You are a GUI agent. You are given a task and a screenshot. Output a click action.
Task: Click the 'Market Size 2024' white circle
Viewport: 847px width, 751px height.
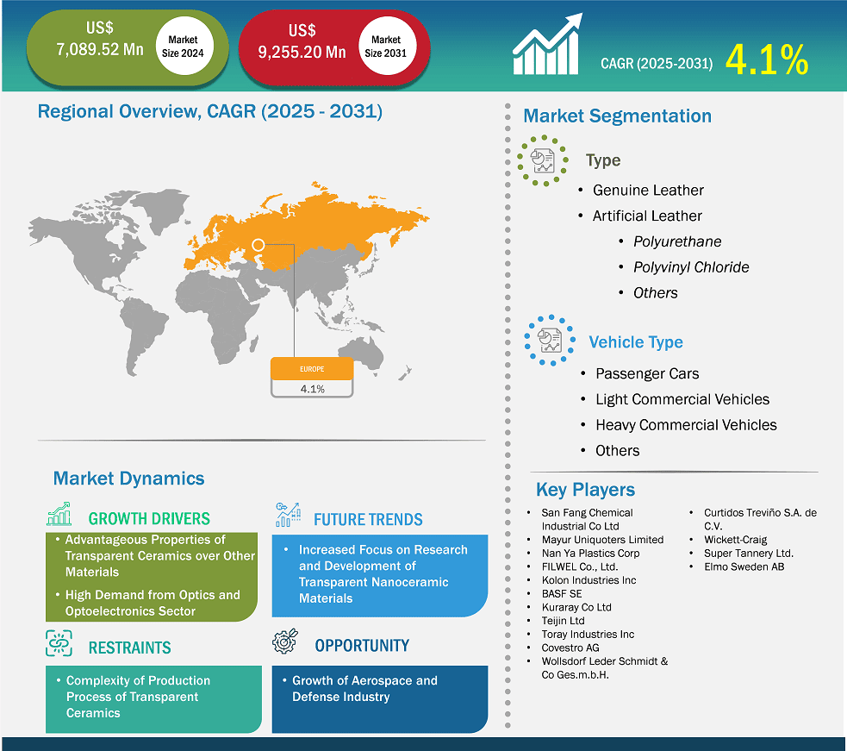pyautogui.click(x=183, y=46)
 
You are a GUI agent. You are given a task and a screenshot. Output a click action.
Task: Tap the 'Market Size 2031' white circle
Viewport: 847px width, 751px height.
pyautogui.click(x=386, y=46)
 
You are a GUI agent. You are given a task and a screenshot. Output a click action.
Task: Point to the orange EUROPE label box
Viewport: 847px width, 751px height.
pyautogui.click(x=312, y=369)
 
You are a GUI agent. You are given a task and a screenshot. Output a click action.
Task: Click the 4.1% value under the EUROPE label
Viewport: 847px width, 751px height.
pyautogui.click(x=312, y=389)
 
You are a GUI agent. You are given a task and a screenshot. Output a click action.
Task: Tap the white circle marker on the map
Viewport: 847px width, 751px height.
pyautogui.click(x=258, y=246)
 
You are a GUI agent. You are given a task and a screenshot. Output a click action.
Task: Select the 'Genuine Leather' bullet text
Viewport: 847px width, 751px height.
pyautogui.click(x=648, y=190)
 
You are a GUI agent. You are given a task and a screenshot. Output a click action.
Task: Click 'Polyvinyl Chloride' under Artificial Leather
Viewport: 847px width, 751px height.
pyautogui.click(x=691, y=267)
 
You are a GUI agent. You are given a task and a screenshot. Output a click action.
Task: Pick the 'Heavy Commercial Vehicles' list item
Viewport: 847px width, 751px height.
pyautogui.click(x=686, y=425)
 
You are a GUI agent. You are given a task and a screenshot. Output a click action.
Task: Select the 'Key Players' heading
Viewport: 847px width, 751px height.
pyautogui.click(x=585, y=490)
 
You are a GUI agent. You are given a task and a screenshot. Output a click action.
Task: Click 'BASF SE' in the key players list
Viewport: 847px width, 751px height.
pyautogui.click(x=562, y=594)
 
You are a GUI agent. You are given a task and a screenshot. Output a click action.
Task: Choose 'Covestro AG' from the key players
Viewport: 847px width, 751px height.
pyautogui.click(x=570, y=648)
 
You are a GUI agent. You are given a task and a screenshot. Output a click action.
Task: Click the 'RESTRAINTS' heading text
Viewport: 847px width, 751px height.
pyautogui.click(x=129, y=648)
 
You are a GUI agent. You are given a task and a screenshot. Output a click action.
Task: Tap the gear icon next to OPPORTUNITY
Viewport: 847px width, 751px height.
pyautogui.click(x=286, y=643)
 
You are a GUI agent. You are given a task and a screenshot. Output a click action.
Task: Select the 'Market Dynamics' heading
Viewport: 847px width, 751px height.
pyautogui.click(x=129, y=479)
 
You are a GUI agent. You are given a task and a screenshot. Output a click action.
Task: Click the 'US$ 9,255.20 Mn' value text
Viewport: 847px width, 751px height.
pyautogui.click(x=302, y=43)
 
